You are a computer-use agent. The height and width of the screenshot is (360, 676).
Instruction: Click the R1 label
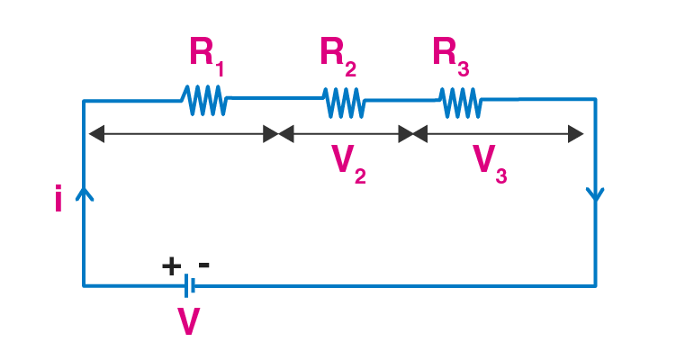pyautogui.click(x=206, y=56)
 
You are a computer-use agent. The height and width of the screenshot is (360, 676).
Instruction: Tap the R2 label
pyautogui.click(x=338, y=56)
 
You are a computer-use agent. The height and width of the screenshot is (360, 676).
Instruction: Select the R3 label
pyautogui.click(x=451, y=56)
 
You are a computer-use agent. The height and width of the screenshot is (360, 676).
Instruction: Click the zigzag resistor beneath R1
pyautogui.click(x=205, y=101)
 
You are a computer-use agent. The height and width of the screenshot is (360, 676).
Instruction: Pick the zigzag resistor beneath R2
pyautogui.click(x=344, y=103)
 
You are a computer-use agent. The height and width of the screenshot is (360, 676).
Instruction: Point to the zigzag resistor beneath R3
pyautogui.click(x=461, y=103)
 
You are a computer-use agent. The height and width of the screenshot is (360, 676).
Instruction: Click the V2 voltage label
pyautogui.click(x=348, y=165)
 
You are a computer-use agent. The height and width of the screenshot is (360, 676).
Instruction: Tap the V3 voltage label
pyautogui.click(x=490, y=165)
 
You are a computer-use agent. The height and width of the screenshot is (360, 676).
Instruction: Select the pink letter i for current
pyautogui.click(x=59, y=198)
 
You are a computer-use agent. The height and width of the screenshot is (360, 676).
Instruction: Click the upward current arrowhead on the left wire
pyautogui.click(x=85, y=194)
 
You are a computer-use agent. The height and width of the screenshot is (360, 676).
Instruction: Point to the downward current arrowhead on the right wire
pyautogui.click(x=595, y=194)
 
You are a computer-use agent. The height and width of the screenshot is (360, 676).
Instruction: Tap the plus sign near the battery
pyautogui.click(x=171, y=266)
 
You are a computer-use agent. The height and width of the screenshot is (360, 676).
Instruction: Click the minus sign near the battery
pyautogui.click(x=204, y=265)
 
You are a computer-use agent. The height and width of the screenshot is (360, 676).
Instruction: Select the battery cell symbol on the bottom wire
pyautogui.click(x=190, y=285)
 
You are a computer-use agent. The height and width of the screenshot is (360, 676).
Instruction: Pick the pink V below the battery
pyautogui.click(x=189, y=320)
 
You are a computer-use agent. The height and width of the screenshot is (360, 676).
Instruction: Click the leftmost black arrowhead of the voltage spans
pyautogui.click(x=96, y=134)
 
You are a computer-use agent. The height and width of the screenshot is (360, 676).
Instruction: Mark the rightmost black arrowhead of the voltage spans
pyautogui.click(x=575, y=134)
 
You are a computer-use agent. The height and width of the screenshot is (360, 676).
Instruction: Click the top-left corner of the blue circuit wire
pyautogui.click(x=84, y=101)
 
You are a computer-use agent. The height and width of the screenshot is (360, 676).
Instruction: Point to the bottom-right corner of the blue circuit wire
pyautogui.click(x=595, y=285)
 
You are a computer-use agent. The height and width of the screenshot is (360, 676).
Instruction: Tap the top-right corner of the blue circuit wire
pyautogui.click(x=595, y=100)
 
